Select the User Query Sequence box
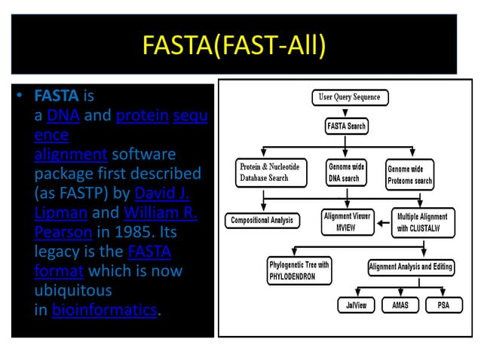[x=349, y=97]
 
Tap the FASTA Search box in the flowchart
[x=348, y=126]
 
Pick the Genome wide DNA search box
[x=347, y=172]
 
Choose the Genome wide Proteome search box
[x=410, y=175]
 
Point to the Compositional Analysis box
[x=262, y=221]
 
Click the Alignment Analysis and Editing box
[x=410, y=266]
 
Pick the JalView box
[x=355, y=306]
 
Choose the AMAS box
[x=400, y=306]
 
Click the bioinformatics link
[x=106, y=310]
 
